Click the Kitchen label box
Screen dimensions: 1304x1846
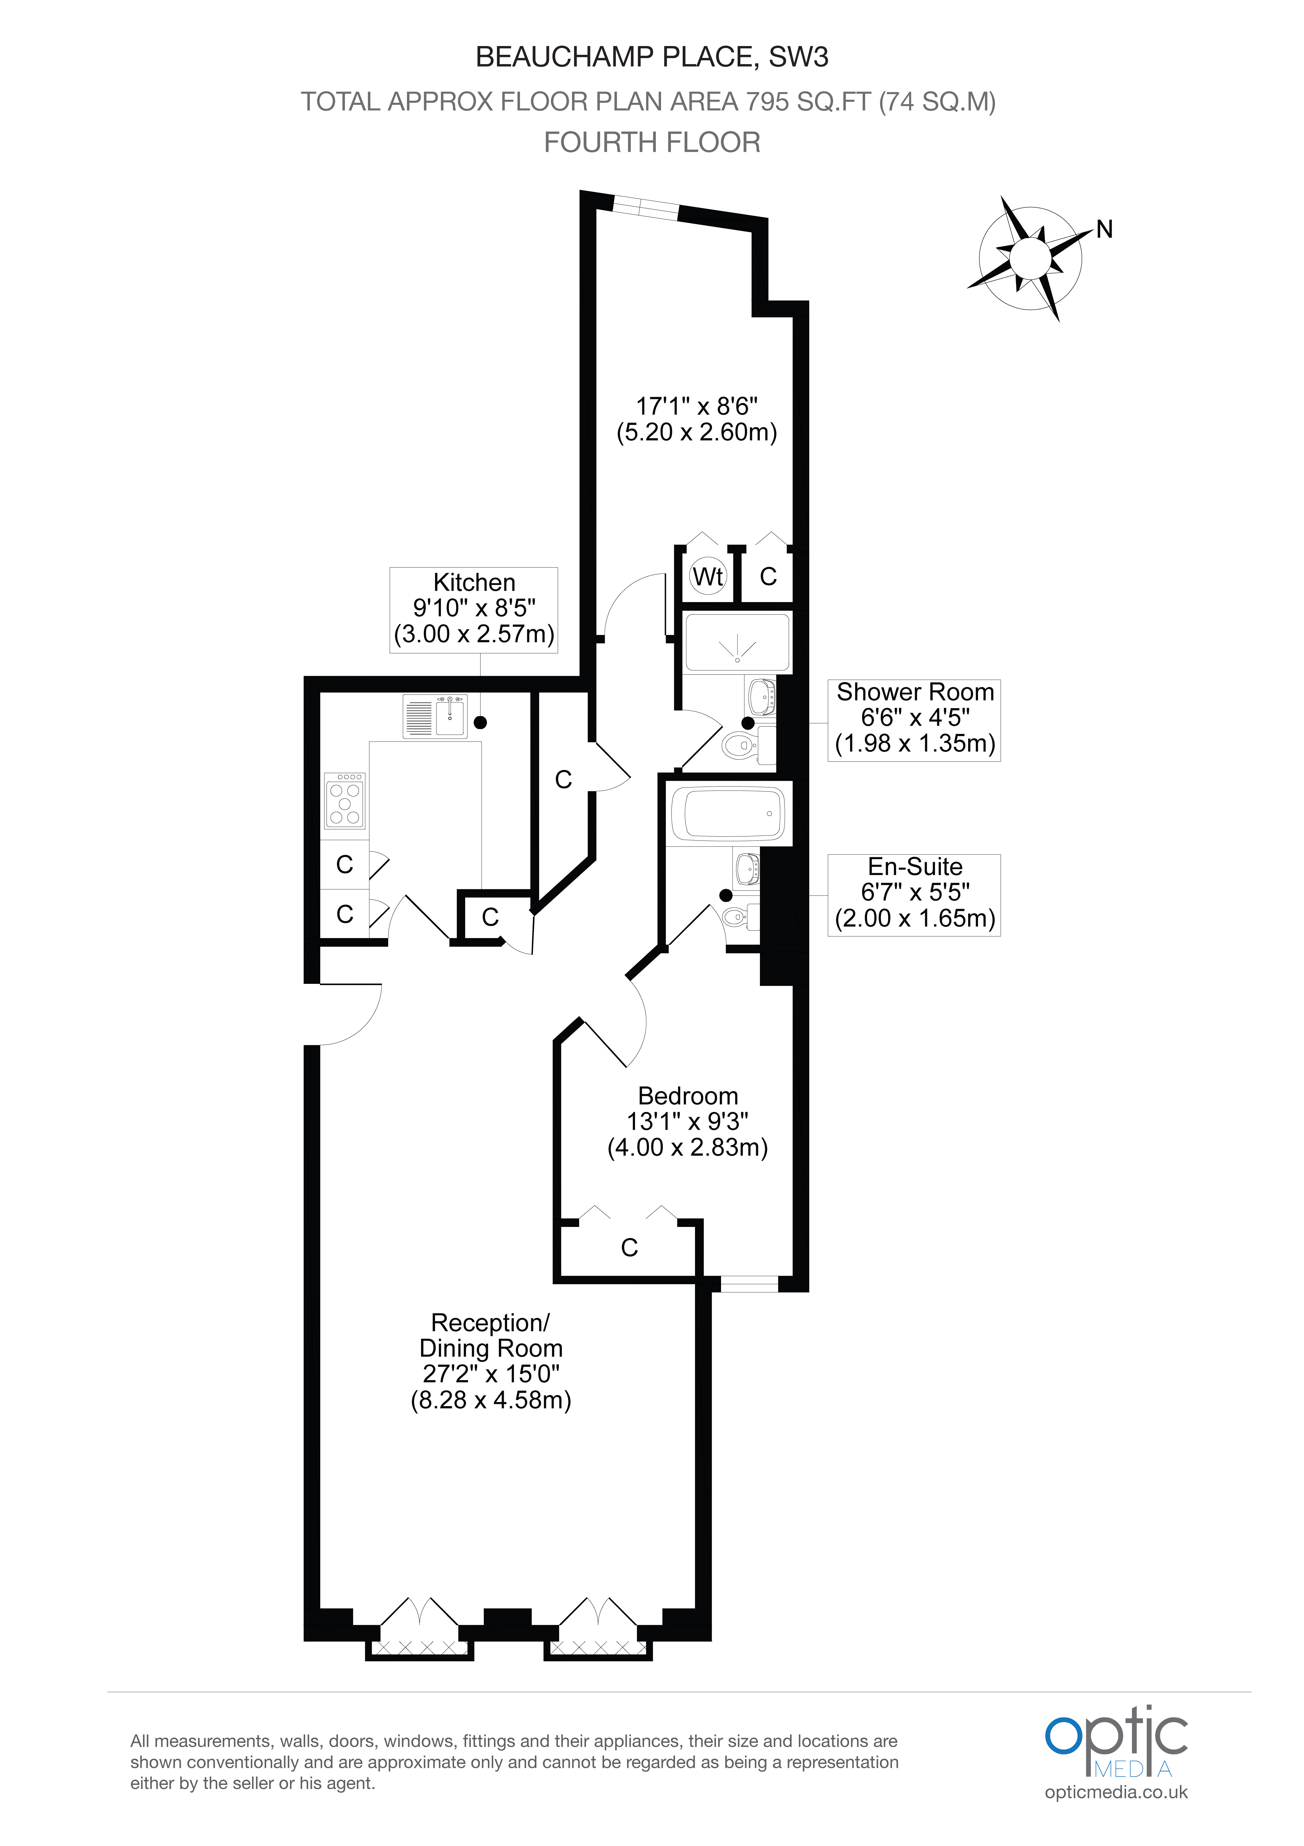pos(474,609)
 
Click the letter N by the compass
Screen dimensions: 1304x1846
pos(1105,230)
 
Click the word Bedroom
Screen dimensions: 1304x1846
pos(687,1096)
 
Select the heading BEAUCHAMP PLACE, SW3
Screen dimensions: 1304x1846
pos(652,57)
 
